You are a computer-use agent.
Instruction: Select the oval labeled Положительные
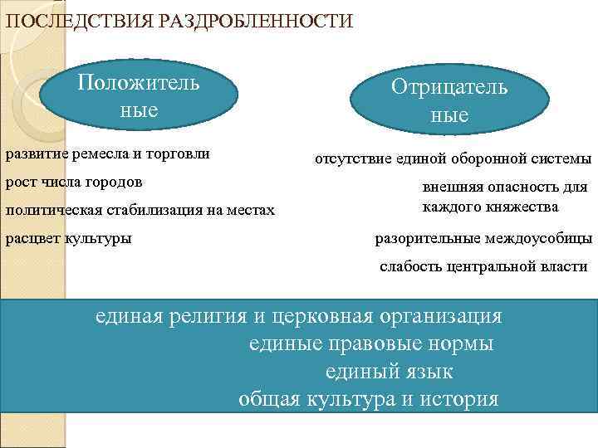pyautogui.click(x=140, y=97)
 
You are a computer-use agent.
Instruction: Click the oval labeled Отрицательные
pyautogui.click(x=449, y=102)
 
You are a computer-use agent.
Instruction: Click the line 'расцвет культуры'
pyautogui.click(x=68, y=239)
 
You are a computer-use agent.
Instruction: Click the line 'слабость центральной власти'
pyautogui.click(x=483, y=267)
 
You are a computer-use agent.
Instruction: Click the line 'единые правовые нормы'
pyautogui.click(x=371, y=343)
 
